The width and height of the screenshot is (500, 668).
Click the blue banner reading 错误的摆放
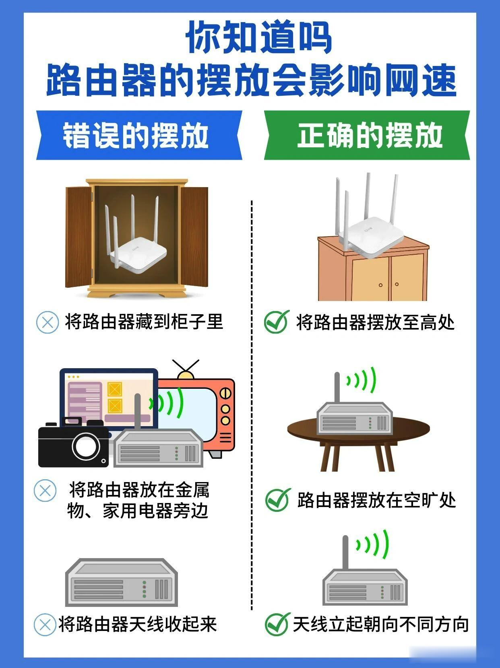[x=139, y=135]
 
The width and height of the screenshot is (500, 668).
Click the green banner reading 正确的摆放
[x=366, y=135]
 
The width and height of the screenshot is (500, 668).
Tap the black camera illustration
[x=72, y=445]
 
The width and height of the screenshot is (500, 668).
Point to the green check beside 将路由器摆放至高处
[x=277, y=322]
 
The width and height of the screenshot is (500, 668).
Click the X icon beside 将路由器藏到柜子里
[x=47, y=322]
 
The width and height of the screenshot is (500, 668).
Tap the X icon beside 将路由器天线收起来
[x=45, y=625]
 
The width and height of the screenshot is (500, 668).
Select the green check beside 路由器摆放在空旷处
[x=277, y=500]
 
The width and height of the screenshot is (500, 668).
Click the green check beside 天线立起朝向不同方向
[x=277, y=624]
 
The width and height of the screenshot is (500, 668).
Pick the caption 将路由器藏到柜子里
[x=144, y=322]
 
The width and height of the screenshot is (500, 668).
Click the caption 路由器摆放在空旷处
[x=376, y=500]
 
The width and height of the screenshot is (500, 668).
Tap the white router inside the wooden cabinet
[x=137, y=249]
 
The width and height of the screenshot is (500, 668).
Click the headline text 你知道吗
[x=258, y=38]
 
